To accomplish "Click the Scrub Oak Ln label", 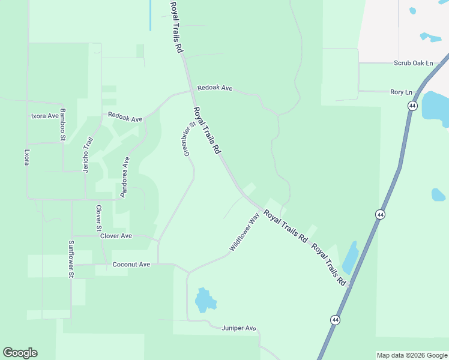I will tap(414, 63).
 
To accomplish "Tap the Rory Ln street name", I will tap(402, 92).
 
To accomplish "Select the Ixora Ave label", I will tap(45, 116).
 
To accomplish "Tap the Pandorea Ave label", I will tap(125, 178).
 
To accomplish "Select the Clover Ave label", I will tap(116, 236).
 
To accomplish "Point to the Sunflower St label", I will tap(71, 259).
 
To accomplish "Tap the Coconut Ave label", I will tap(131, 265).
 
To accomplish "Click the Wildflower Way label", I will tap(244, 233).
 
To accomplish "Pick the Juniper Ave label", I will tap(239, 328).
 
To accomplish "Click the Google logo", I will tap(20, 353).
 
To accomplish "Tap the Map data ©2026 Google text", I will tap(412, 355).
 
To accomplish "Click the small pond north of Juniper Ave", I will tap(204, 300).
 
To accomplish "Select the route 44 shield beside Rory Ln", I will tap(412, 106).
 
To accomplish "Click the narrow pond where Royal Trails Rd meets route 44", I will tap(350, 259).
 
